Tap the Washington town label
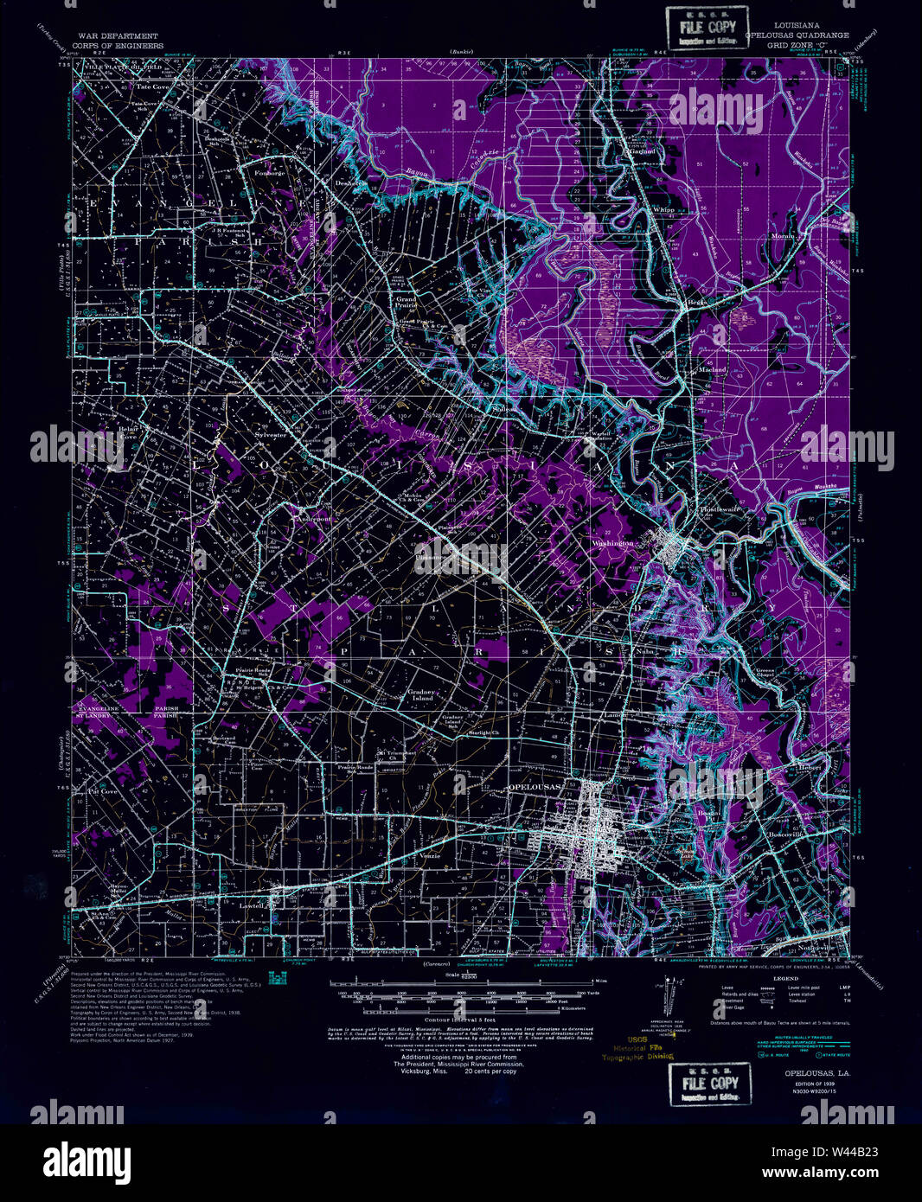coord(613,543)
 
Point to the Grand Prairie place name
coord(407,303)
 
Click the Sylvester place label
coord(271,435)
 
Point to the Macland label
coord(713,369)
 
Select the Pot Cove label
coord(103,791)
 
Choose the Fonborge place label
coord(269,173)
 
